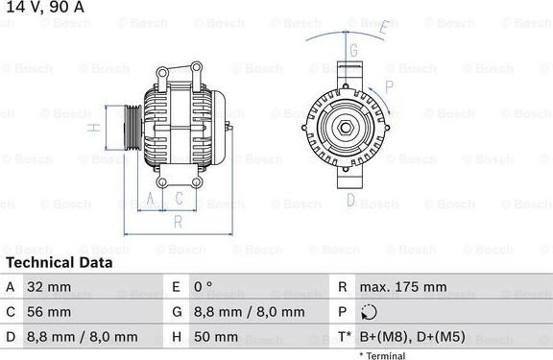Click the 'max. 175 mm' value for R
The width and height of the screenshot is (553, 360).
(x=402, y=287)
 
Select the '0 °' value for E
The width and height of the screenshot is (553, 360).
(x=204, y=287)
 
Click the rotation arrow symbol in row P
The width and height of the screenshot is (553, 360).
(x=370, y=312)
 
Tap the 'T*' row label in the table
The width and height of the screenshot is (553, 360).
(x=343, y=337)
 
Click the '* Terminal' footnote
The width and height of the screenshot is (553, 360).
(x=382, y=354)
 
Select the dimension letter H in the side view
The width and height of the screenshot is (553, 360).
(x=92, y=127)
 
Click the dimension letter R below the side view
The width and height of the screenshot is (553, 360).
(x=178, y=221)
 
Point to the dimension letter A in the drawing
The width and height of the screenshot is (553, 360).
(x=150, y=199)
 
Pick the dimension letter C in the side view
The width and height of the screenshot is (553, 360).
(x=179, y=199)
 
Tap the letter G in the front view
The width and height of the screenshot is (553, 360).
(x=353, y=50)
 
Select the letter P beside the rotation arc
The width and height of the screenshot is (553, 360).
(x=389, y=85)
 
